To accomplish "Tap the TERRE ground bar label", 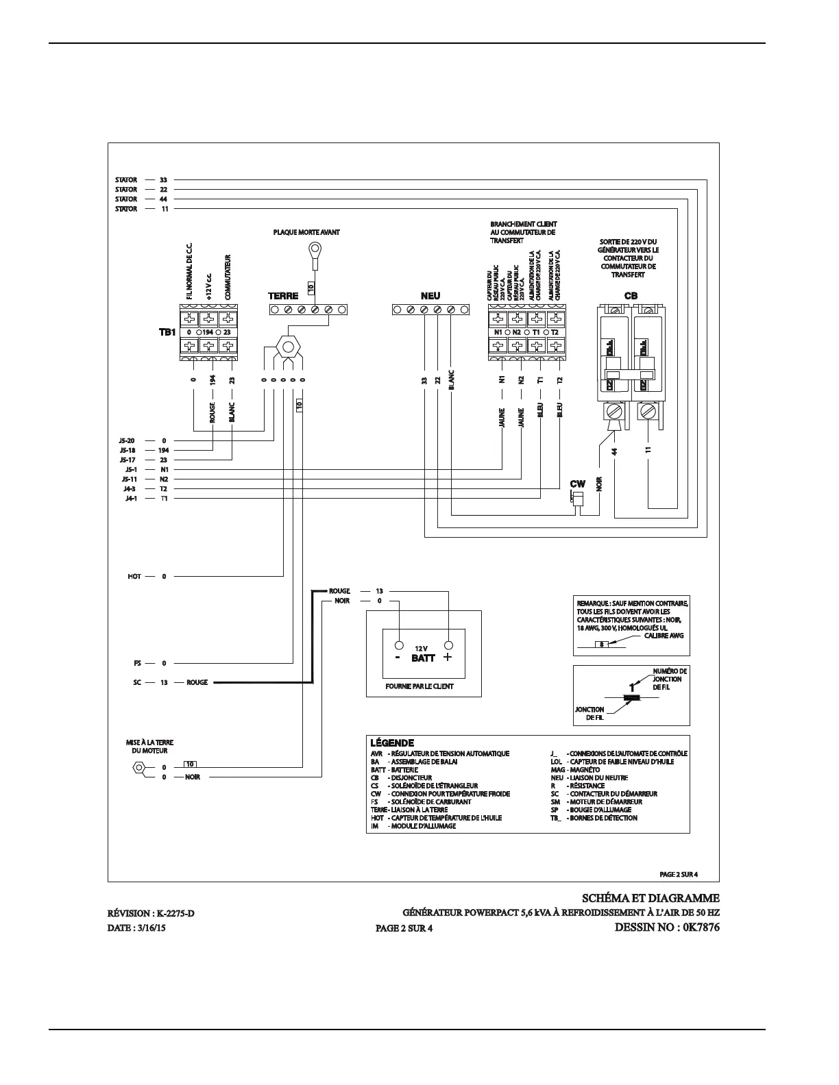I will (282, 297).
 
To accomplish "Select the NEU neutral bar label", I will (430, 297).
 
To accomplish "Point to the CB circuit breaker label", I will (631, 297).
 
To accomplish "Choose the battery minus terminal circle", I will (398, 645).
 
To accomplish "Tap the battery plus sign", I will (448, 658).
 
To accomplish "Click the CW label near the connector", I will (577, 484).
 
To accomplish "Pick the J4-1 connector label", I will (129, 498).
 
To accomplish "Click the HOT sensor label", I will (134, 576).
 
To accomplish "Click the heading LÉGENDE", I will (392, 743).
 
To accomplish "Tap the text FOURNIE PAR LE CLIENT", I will (419, 686).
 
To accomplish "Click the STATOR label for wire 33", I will (126, 180).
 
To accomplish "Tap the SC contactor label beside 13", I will (137, 682).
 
